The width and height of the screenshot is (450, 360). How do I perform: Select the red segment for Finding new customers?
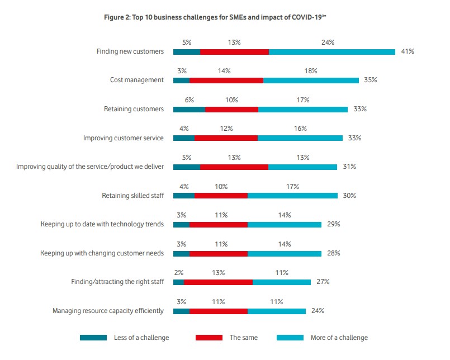234,51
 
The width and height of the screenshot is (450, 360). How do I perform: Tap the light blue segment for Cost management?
311,80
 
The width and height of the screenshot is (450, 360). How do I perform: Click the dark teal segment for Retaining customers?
189,109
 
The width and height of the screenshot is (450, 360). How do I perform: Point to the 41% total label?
407,51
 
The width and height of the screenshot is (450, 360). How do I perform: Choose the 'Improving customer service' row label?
124,138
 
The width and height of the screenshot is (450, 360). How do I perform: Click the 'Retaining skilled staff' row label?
132,196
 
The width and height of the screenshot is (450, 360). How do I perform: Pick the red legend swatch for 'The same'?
209,338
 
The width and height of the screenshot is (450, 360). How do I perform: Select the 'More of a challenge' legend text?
339,338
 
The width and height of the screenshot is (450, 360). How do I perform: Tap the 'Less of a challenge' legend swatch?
93,338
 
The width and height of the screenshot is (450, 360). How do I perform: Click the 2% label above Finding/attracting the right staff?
178,273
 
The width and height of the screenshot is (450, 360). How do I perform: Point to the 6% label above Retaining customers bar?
189,100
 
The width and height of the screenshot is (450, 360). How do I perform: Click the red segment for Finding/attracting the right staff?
218,282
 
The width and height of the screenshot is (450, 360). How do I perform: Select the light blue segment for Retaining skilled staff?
292,196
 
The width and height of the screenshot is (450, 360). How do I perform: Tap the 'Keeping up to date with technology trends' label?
102,224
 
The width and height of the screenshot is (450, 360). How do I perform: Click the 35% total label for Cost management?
370,80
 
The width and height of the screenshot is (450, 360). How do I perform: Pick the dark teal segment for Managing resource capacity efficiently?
181,311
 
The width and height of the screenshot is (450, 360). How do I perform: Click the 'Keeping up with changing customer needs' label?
102,253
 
